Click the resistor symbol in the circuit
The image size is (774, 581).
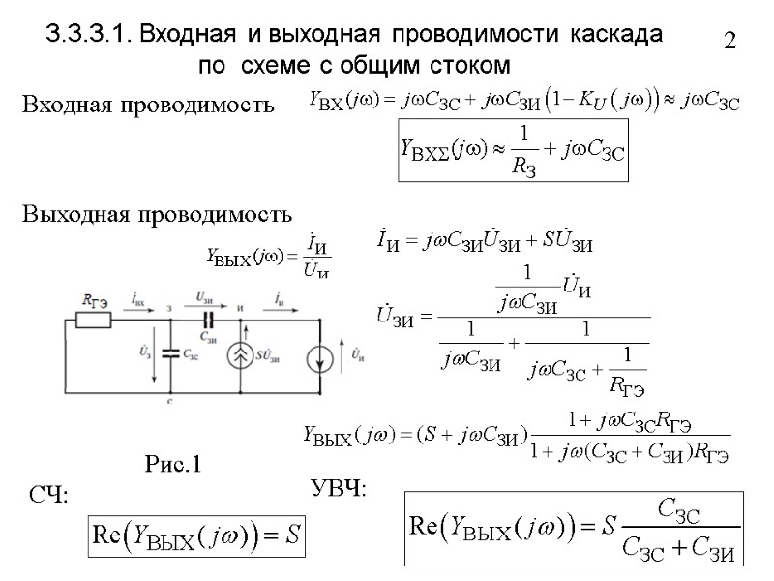(95, 319)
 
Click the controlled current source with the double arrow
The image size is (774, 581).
(238, 355)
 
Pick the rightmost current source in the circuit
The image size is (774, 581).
(320, 357)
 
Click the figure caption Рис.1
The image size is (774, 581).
(172, 464)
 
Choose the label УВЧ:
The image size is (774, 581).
(338, 487)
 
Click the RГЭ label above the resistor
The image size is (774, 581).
(94, 302)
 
